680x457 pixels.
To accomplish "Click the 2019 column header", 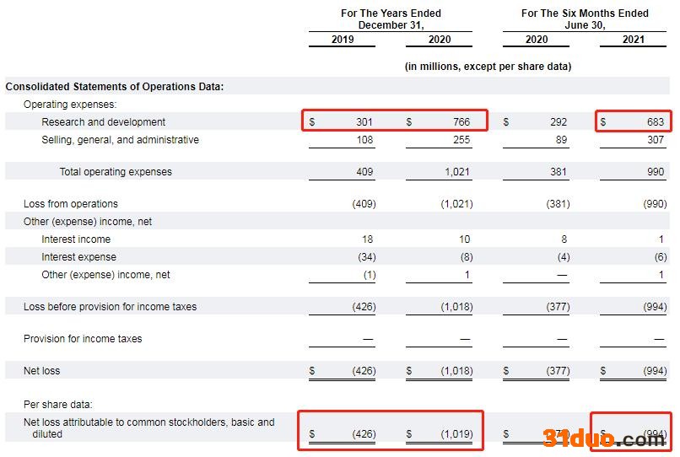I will (343, 40).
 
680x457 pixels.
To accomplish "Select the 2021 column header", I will (634, 40).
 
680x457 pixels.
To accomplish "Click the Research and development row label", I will (104, 122).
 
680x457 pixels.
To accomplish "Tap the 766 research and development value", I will (461, 122).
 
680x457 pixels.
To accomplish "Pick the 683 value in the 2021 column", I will (656, 122).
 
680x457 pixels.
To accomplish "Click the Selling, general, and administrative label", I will (120, 140).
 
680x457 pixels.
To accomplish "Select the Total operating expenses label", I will (116, 172).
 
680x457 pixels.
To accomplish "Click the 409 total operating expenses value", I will (364, 172).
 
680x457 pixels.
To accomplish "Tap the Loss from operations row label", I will (71, 204).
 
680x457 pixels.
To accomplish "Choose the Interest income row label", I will (76, 239).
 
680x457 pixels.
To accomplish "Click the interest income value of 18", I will (368, 239).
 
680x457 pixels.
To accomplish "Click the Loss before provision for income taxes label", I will (110, 307).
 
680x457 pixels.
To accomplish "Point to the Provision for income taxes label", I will (83, 339).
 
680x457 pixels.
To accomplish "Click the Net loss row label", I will (42, 371).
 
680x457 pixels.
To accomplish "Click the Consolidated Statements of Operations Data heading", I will (114, 87).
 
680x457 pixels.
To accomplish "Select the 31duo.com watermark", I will (604, 438).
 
